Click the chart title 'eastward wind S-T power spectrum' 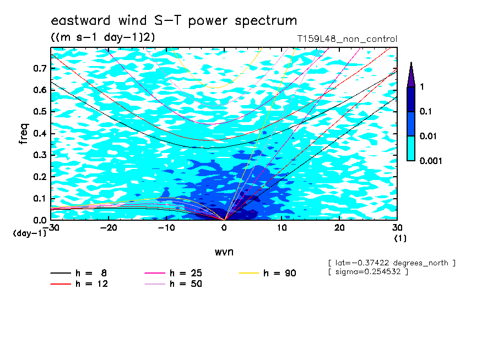click(x=174, y=20)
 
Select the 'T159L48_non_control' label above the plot click(x=347, y=39)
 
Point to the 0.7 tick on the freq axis click(x=40, y=68)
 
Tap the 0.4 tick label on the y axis click(x=40, y=133)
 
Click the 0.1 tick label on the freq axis click(x=40, y=198)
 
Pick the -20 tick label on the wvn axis click(x=109, y=228)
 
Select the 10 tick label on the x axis click(x=282, y=228)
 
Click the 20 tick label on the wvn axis click(x=339, y=228)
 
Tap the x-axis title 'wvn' click(x=224, y=252)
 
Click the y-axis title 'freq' click(x=24, y=134)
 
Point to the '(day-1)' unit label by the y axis click(x=29, y=233)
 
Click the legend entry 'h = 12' click(x=79, y=284)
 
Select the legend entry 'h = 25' click(x=173, y=273)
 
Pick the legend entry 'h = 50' click(x=173, y=284)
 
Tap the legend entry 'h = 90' click(x=267, y=273)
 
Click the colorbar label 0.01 click(x=428, y=136)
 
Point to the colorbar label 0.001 click(x=431, y=161)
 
